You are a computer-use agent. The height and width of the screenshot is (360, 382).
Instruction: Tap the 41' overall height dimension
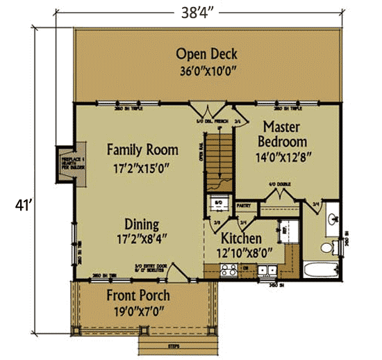pyautogui.click(x=20, y=205)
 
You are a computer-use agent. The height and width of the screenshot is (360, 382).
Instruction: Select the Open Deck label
pyautogui.click(x=207, y=54)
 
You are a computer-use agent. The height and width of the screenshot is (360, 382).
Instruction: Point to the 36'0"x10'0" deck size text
pyautogui.click(x=207, y=69)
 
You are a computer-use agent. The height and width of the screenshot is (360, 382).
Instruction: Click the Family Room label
pyautogui.click(x=142, y=149)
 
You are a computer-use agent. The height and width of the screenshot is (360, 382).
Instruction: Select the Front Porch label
pyautogui.click(x=138, y=295)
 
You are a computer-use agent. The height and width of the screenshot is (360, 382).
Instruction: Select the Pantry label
pyautogui.click(x=243, y=206)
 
